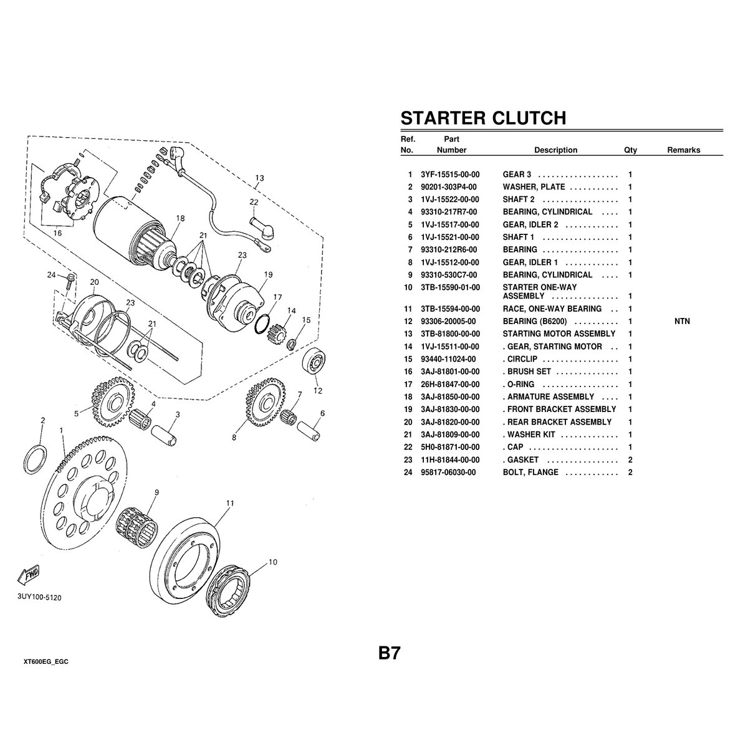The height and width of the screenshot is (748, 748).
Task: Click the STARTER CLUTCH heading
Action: [x=483, y=118]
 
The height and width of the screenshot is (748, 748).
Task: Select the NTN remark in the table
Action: [x=682, y=322]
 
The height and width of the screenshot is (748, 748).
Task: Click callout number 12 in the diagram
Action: [x=318, y=391]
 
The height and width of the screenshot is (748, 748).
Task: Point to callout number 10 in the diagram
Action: [x=272, y=562]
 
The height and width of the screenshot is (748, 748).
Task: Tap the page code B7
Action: [x=388, y=654]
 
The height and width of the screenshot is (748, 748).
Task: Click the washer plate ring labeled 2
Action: [x=35, y=459]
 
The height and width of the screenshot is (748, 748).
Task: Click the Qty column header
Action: [x=630, y=150]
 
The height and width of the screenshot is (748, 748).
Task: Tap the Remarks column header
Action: [x=683, y=150]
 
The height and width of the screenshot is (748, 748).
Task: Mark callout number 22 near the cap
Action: [x=254, y=202]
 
